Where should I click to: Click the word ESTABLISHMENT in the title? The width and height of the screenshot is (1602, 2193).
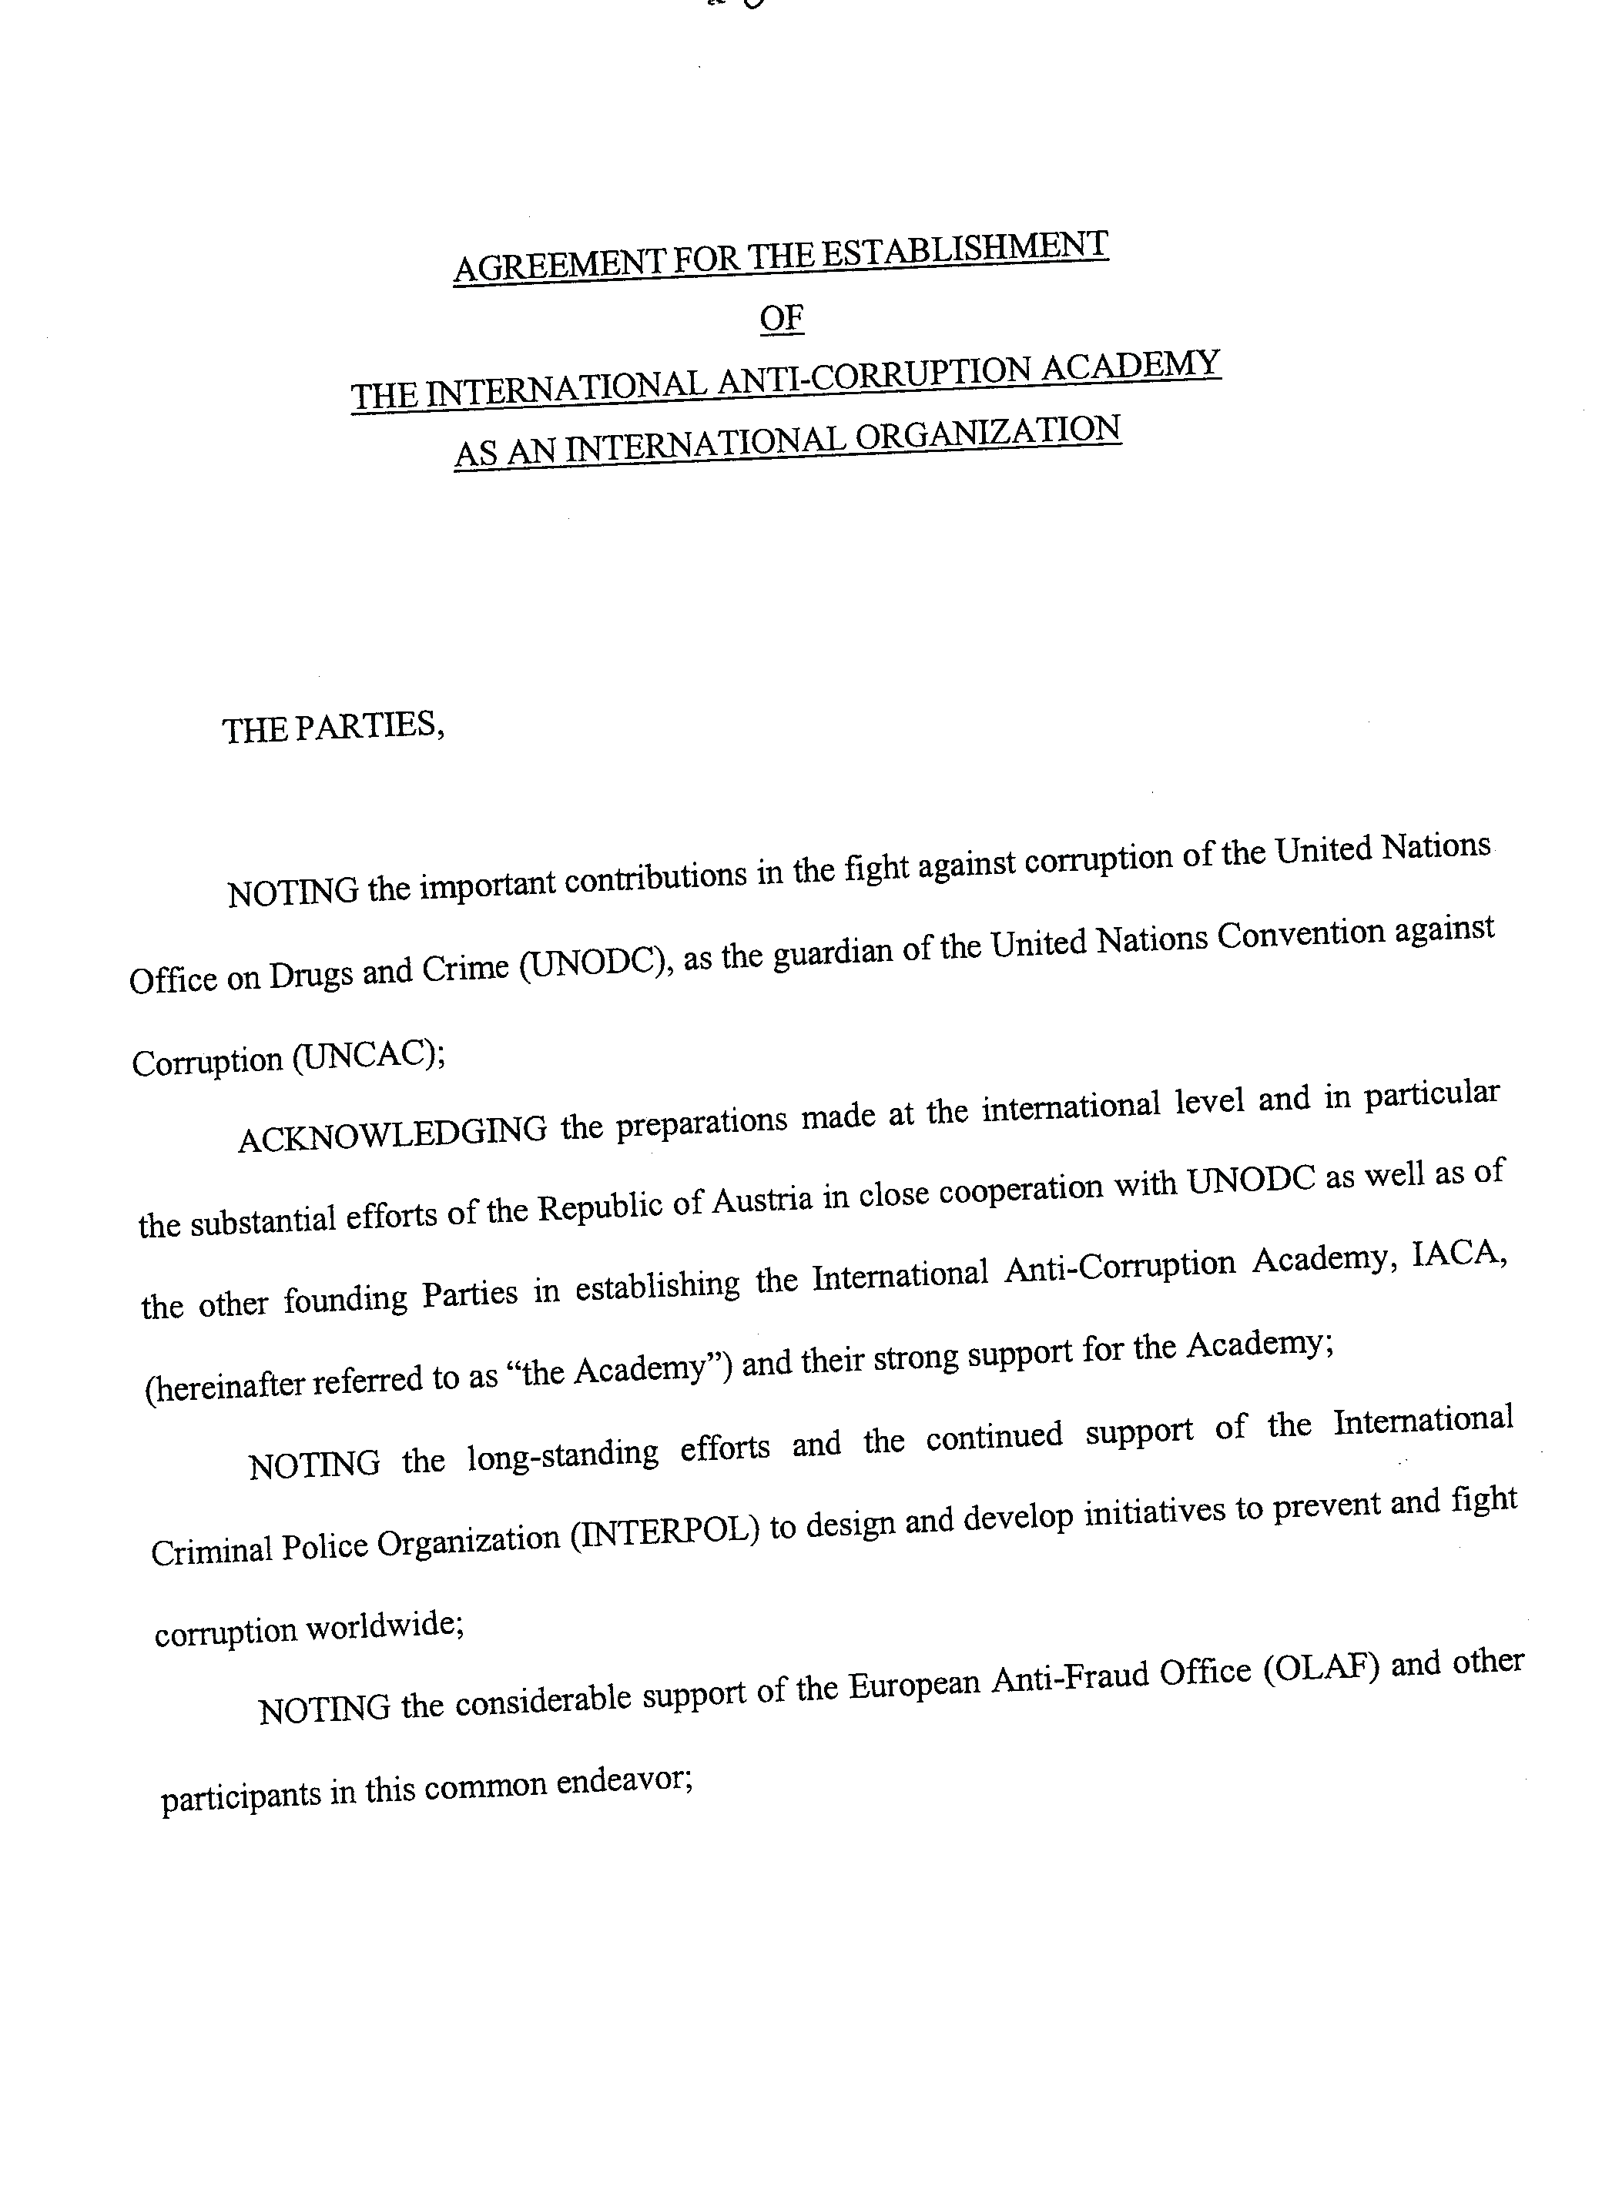[x=965, y=250]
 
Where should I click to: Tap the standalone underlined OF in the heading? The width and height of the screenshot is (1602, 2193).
[x=782, y=318]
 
